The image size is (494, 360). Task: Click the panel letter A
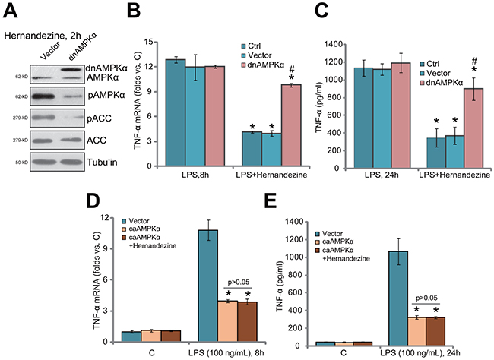tap(11, 11)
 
